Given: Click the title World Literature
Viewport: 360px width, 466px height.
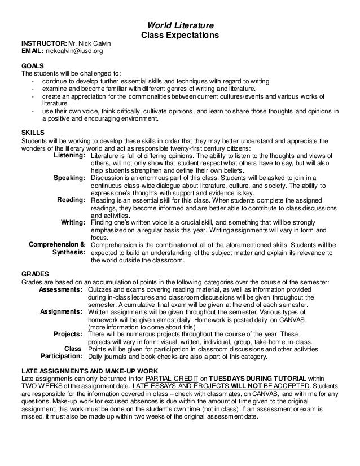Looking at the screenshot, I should coord(179,25).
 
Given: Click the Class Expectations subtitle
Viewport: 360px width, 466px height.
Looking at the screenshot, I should coord(179,36).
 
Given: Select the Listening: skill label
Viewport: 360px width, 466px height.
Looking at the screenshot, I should coord(68,155).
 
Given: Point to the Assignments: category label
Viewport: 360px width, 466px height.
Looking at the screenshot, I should coord(63,311).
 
